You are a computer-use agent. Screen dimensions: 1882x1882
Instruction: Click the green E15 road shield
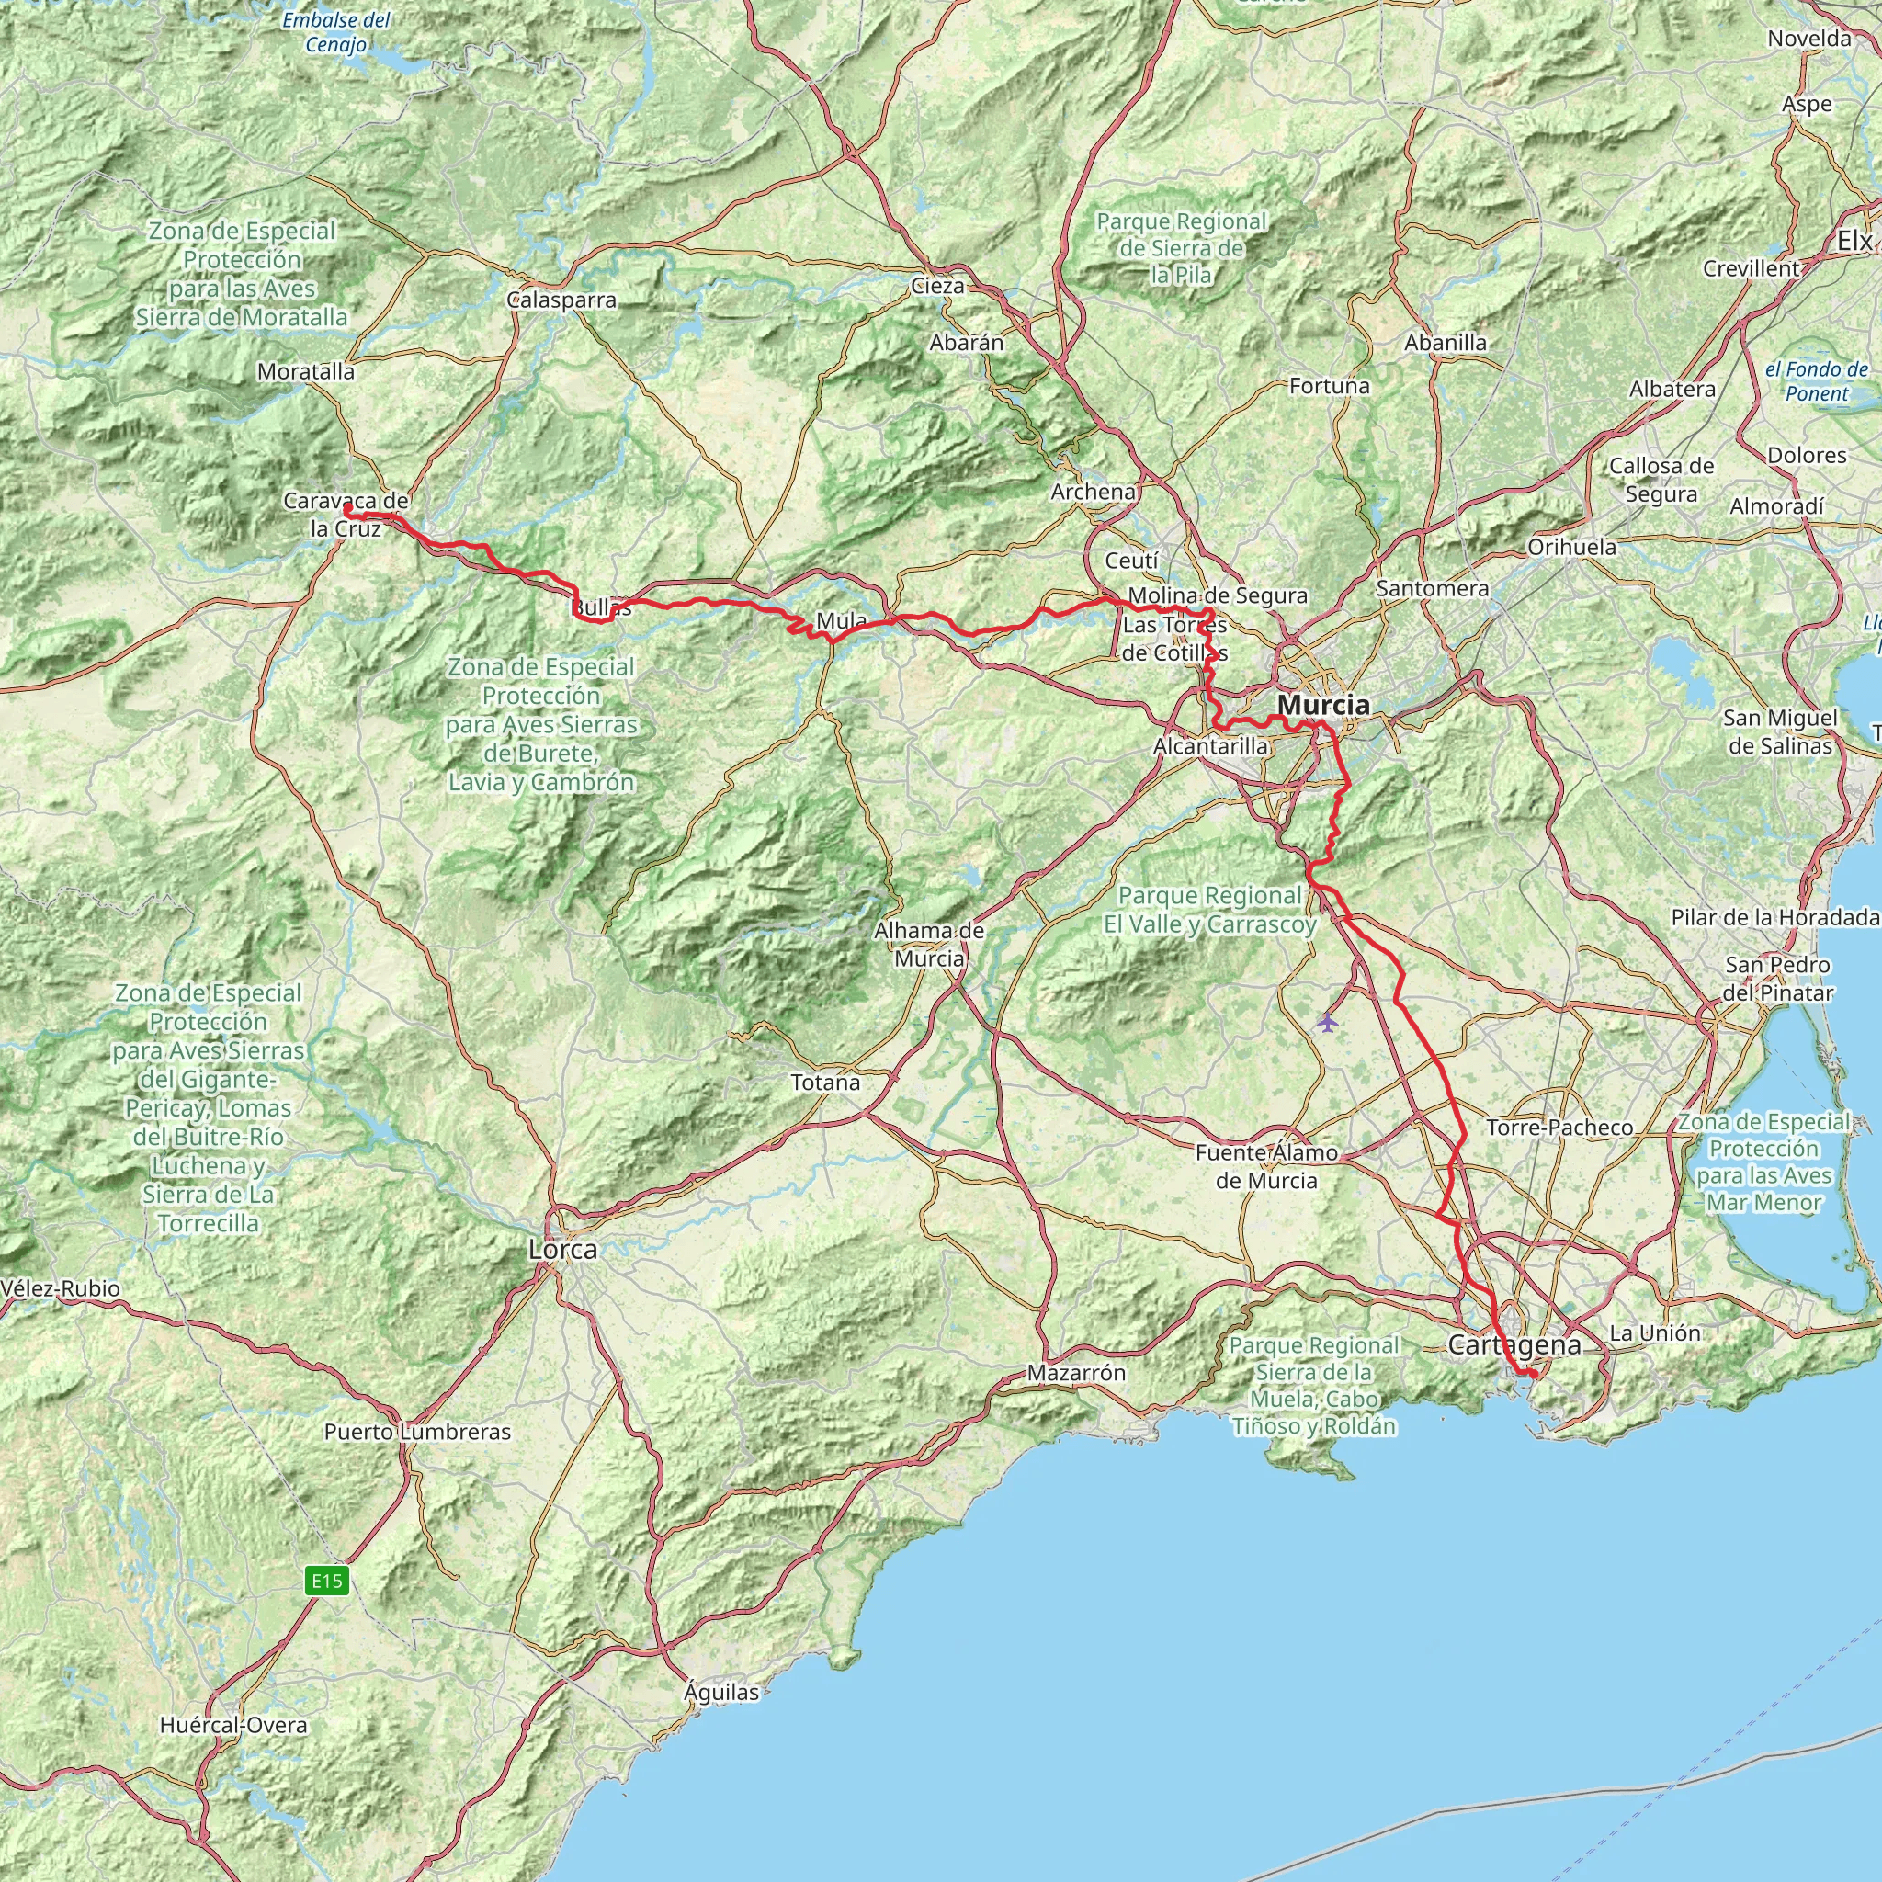327,1580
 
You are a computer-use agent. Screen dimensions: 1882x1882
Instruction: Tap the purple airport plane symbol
1327,1022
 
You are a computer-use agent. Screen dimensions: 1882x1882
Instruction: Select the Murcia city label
1323,704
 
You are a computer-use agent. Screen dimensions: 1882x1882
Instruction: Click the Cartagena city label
1514,1345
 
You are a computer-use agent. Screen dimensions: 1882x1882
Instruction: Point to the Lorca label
563,1250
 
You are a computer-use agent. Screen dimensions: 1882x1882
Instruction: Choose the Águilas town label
720,1693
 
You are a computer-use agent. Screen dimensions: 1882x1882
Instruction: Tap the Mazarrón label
1076,1374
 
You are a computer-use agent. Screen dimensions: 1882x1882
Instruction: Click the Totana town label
825,1083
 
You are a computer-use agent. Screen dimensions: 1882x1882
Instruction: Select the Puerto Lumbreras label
417,1432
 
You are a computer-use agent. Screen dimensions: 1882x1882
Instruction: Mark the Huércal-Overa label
232,1725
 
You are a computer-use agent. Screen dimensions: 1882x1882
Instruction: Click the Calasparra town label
562,300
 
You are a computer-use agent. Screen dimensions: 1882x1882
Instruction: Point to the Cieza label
937,286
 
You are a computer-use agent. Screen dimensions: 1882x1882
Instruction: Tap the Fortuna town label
1329,386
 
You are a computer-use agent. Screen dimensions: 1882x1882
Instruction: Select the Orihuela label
1571,547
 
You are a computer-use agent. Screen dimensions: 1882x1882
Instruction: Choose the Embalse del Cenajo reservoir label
336,32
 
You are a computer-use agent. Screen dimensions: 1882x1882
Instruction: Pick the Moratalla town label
306,371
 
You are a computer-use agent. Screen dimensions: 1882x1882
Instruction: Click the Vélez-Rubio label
61,1288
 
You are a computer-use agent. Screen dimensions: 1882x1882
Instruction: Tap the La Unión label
1654,1332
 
